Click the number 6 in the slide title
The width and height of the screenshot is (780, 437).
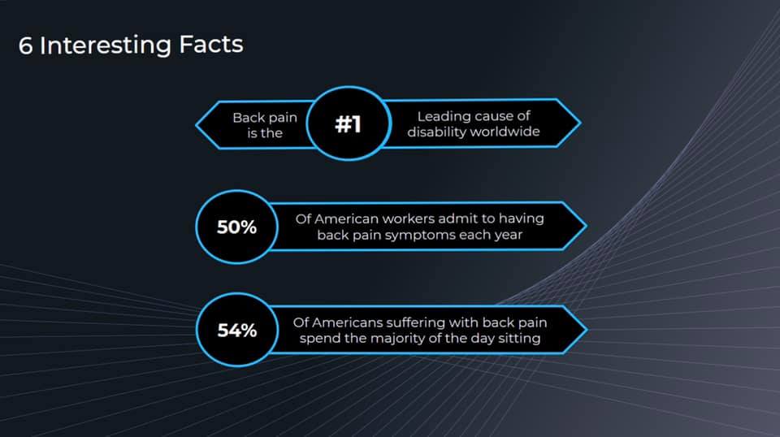click(25, 45)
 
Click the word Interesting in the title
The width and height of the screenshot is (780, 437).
click(106, 46)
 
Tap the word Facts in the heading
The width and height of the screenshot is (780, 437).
click(211, 44)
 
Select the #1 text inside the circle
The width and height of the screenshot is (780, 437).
click(349, 123)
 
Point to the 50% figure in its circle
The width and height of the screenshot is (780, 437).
click(236, 227)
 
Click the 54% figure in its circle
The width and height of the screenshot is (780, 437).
click(236, 330)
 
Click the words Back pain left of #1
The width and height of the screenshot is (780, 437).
click(265, 118)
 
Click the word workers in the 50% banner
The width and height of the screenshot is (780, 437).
click(407, 218)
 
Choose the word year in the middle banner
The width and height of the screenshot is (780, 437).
click(508, 236)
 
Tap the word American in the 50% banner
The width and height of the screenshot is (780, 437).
click(346, 218)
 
